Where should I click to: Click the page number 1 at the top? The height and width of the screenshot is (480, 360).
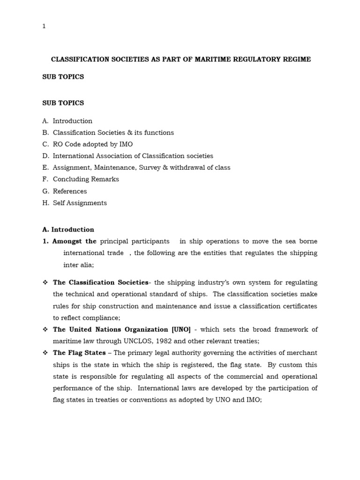(x=44, y=26)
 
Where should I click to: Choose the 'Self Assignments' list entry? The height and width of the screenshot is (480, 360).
(x=80, y=203)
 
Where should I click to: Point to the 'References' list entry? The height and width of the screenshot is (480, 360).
(x=70, y=191)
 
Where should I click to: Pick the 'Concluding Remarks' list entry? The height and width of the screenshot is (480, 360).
(x=86, y=180)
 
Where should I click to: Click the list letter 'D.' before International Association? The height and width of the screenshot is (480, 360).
(x=45, y=156)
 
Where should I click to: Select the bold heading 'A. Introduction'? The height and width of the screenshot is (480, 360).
(x=68, y=230)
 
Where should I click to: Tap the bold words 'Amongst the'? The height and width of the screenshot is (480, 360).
(x=74, y=241)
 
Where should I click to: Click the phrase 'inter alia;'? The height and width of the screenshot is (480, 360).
(x=79, y=265)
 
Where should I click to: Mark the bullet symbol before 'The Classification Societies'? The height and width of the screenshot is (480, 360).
(x=45, y=283)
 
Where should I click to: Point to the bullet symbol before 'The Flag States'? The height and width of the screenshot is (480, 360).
(x=45, y=353)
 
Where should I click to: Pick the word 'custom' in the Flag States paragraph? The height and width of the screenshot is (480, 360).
(x=290, y=365)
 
